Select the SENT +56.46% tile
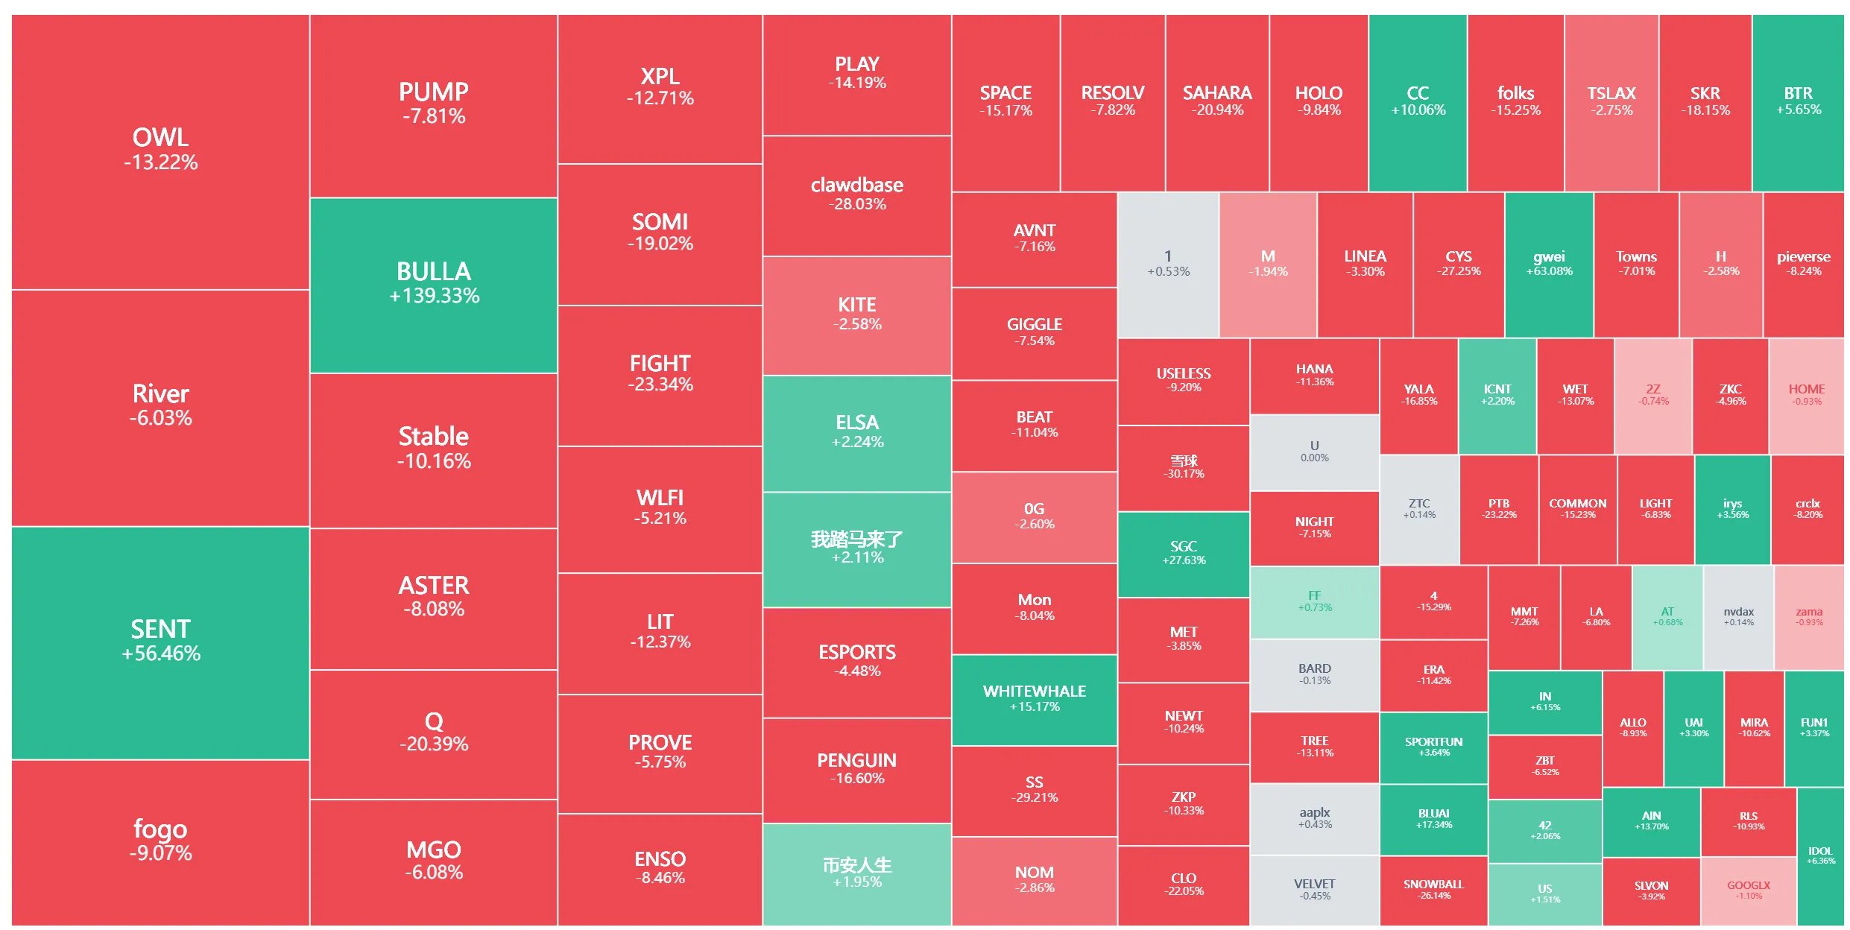160,642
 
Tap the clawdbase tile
856,194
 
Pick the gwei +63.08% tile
1549,264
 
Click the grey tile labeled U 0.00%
1314,452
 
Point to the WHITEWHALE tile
1034,699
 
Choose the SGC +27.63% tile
1183,553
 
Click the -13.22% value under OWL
161,162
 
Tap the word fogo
160,829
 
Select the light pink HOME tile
1806,395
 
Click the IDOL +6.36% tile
1820,855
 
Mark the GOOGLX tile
1748,891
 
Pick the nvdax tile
1738,617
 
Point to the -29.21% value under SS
1035,797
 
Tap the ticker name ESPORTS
857,652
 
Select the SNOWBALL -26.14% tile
1433,891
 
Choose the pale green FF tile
1314,601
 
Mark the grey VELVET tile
1314,890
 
